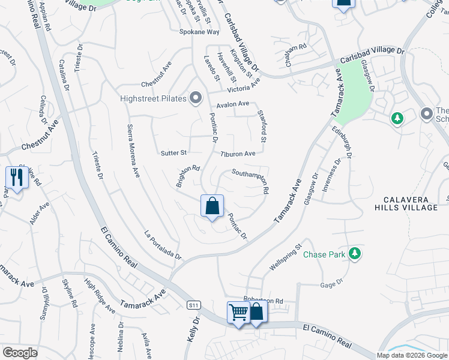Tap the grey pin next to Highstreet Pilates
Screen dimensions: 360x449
(x=196, y=97)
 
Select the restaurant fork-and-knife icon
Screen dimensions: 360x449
(x=16, y=178)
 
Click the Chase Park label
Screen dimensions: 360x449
(x=324, y=254)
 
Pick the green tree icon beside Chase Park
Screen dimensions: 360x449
(x=355, y=254)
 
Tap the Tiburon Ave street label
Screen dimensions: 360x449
(x=238, y=154)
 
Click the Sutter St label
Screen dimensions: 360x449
(x=174, y=153)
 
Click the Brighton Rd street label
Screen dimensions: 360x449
(x=188, y=176)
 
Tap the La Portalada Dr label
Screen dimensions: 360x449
(x=163, y=245)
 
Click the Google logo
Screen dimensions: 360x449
(x=20, y=353)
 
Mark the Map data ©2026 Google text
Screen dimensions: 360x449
(x=412, y=355)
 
